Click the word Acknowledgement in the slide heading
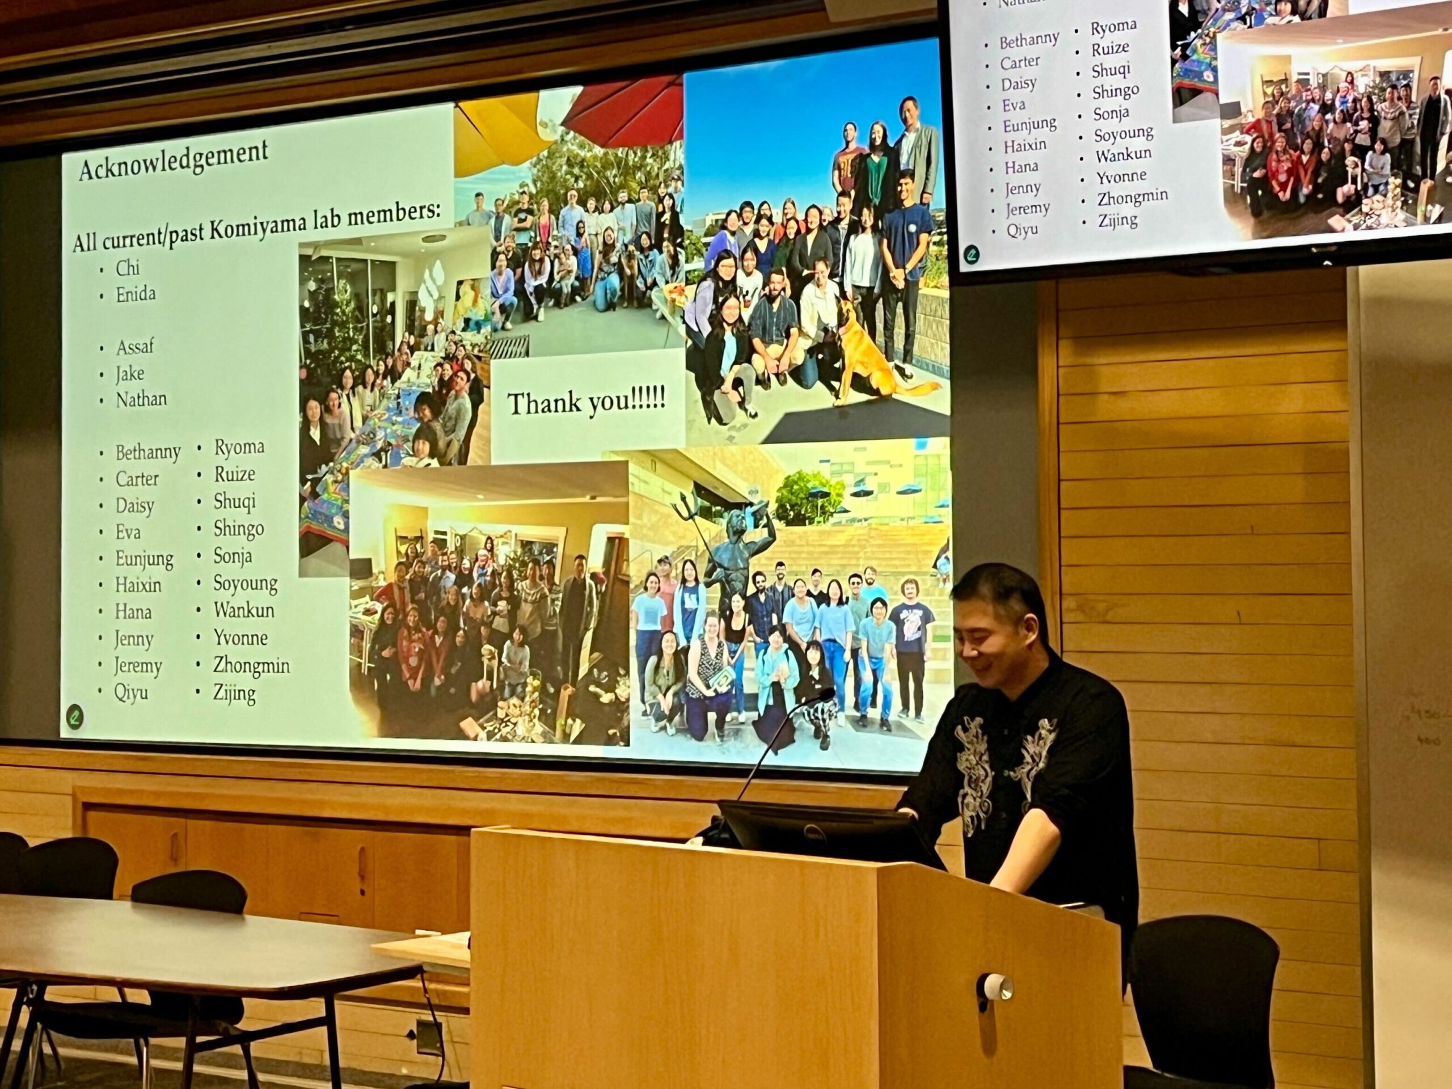[174, 159]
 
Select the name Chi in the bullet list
[128, 268]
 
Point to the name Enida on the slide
[136, 294]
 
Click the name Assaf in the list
[134, 347]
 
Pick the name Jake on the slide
[130, 374]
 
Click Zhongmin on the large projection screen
[251, 666]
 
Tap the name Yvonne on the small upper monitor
[1121, 176]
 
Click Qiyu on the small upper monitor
[1023, 230]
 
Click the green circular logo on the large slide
[75, 714]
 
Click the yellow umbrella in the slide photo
[499, 130]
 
